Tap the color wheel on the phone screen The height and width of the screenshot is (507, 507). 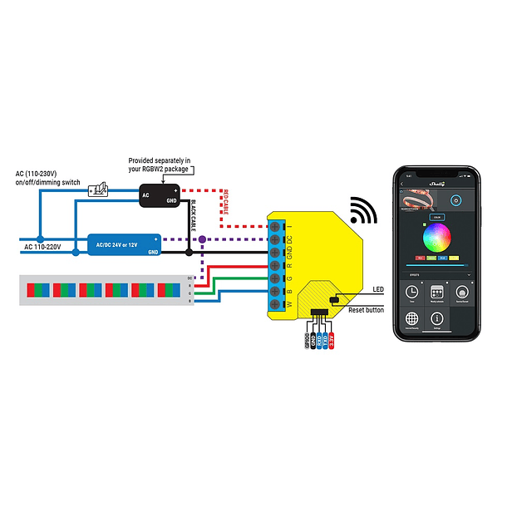pyautogui.click(x=436, y=240)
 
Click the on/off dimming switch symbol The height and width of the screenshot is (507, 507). pyautogui.click(x=97, y=191)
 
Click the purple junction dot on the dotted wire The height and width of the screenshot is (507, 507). pyautogui.click(x=203, y=239)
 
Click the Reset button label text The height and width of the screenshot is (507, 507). pyautogui.click(x=367, y=309)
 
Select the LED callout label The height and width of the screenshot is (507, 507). pyautogui.click(x=378, y=290)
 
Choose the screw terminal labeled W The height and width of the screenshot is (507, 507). pyautogui.click(x=275, y=304)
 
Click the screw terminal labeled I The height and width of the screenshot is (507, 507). pyautogui.click(x=275, y=225)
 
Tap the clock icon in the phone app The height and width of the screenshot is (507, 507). pyautogui.click(x=411, y=294)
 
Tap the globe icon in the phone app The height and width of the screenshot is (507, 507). pyautogui.click(x=411, y=320)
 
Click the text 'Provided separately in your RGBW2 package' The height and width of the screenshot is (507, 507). pyautogui.click(x=160, y=165)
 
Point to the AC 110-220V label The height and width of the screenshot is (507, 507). pyautogui.click(x=43, y=247)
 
